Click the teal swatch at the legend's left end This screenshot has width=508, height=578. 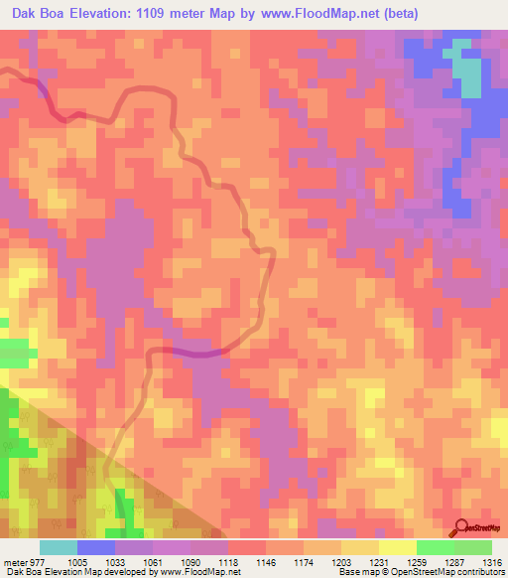point(59,547)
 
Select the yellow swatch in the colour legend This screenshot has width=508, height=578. point(397,547)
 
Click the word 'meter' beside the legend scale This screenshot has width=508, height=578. point(13,561)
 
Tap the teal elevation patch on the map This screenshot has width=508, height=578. point(466,74)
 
